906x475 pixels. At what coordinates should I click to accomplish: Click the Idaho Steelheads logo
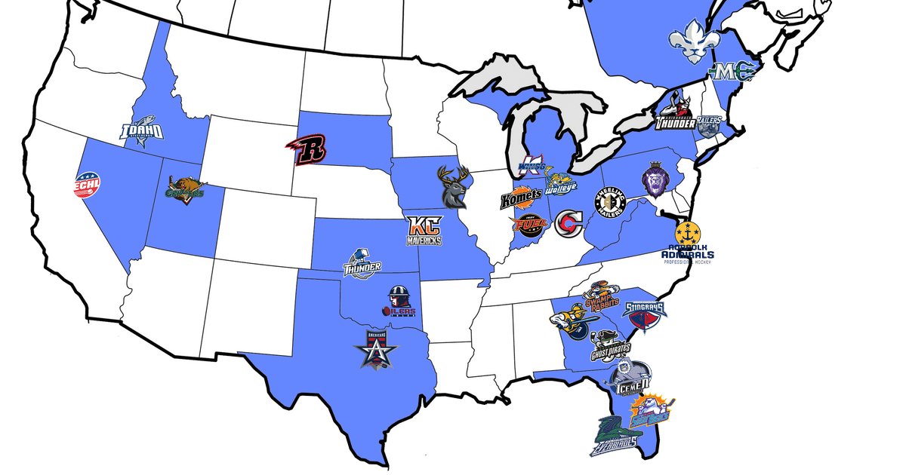point(143,130)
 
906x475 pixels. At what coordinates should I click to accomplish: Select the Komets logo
point(520,200)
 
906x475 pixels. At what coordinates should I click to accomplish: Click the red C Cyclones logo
point(568,223)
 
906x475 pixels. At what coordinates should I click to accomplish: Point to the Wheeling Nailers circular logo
point(611,201)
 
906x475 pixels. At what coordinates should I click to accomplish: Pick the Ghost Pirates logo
point(610,346)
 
